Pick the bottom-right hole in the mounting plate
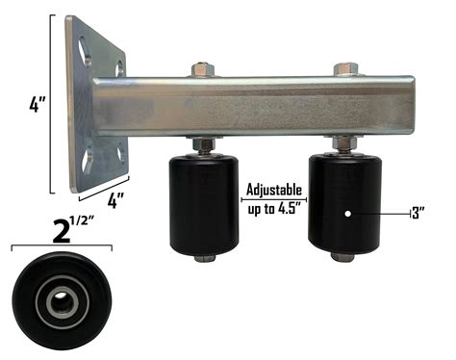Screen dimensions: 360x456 click(x=118, y=151)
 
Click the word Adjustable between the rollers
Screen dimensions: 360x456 click(x=274, y=190)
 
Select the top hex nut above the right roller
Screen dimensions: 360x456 click(x=346, y=68)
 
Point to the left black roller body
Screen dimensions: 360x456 click(x=203, y=203)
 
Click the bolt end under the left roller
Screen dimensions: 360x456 click(x=203, y=258)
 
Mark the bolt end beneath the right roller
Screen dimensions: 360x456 click(x=343, y=257)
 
